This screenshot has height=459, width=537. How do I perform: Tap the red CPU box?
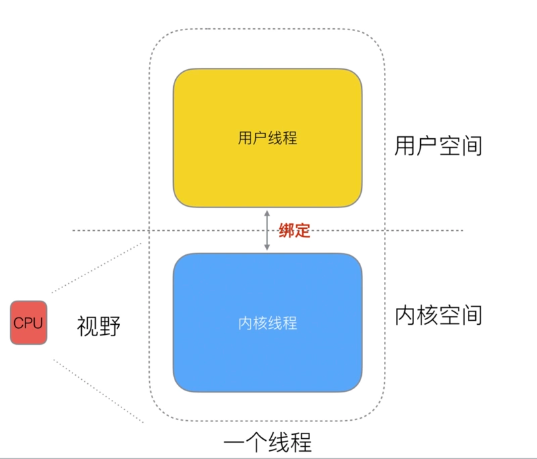click(x=28, y=323)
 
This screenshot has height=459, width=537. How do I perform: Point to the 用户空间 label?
click(x=438, y=146)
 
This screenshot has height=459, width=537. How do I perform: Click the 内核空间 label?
click(x=438, y=315)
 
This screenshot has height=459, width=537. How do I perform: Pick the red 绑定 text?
click(x=295, y=230)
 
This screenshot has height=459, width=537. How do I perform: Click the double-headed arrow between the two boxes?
click(x=267, y=230)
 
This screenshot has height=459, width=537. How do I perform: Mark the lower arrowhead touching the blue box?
click(x=267, y=248)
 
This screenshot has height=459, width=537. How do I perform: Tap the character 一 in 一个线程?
click(x=234, y=444)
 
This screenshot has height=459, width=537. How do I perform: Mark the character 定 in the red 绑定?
click(x=303, y=230)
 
